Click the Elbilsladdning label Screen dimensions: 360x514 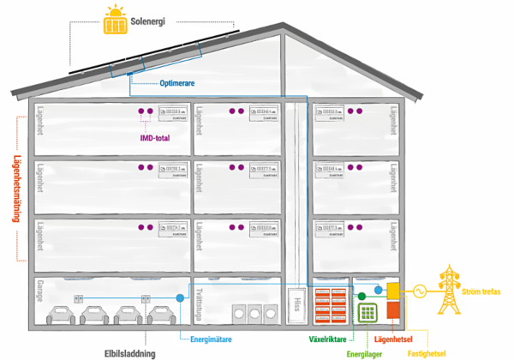point(129,351)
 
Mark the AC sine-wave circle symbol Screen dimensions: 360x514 point(420,290)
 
